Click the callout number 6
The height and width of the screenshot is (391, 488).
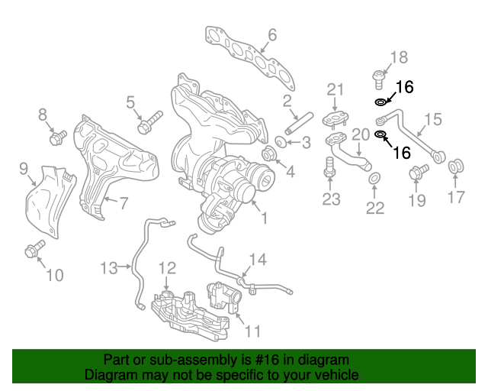[272, 34]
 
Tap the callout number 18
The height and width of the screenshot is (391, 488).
[400, 57]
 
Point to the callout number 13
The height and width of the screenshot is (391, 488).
[110, 267]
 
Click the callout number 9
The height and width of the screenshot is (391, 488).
[23, 167]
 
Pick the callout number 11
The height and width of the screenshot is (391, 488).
[252, 331]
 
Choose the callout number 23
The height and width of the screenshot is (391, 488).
[330, 200]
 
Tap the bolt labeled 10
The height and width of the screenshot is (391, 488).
[34, 249]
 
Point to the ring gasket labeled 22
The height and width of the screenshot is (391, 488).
[374, 179]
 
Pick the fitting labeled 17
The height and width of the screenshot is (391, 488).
[459, 165]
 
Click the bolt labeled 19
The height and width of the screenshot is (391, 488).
[416, 173]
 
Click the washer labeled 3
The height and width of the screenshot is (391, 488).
[281, 143]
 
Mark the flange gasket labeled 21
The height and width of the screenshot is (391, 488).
[335, 118]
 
